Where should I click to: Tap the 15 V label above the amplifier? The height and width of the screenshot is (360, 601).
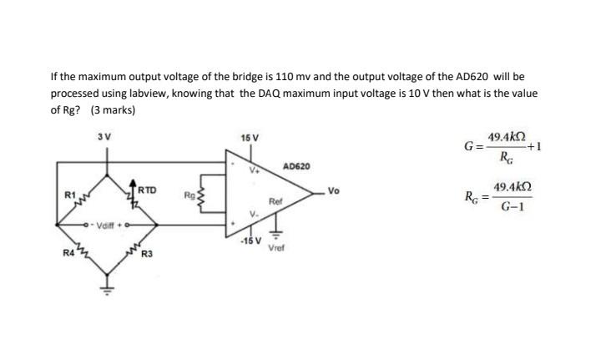249,137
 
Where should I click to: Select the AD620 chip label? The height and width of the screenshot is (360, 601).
296,167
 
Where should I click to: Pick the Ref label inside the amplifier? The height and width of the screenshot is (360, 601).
275,201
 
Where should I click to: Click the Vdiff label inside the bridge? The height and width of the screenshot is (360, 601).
109,224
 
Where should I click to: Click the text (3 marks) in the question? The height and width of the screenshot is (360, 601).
113,109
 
